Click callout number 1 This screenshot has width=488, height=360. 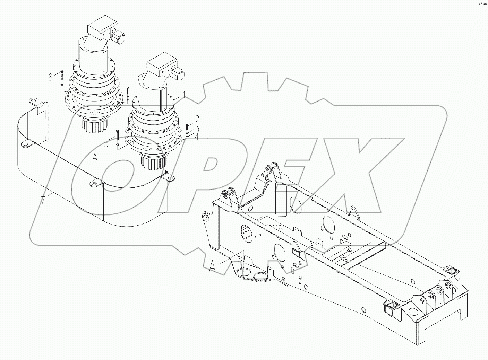[x=184, y=95]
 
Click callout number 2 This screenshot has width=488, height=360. [x=197, y=120]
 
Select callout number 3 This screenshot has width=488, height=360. [x=197, y=129]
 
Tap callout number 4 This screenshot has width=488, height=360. [x=197, y=137]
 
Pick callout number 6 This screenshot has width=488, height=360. [x=51, y=77]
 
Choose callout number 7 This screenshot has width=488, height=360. [x=43, y=200]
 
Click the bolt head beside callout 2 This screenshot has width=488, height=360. [x=188, y=125]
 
